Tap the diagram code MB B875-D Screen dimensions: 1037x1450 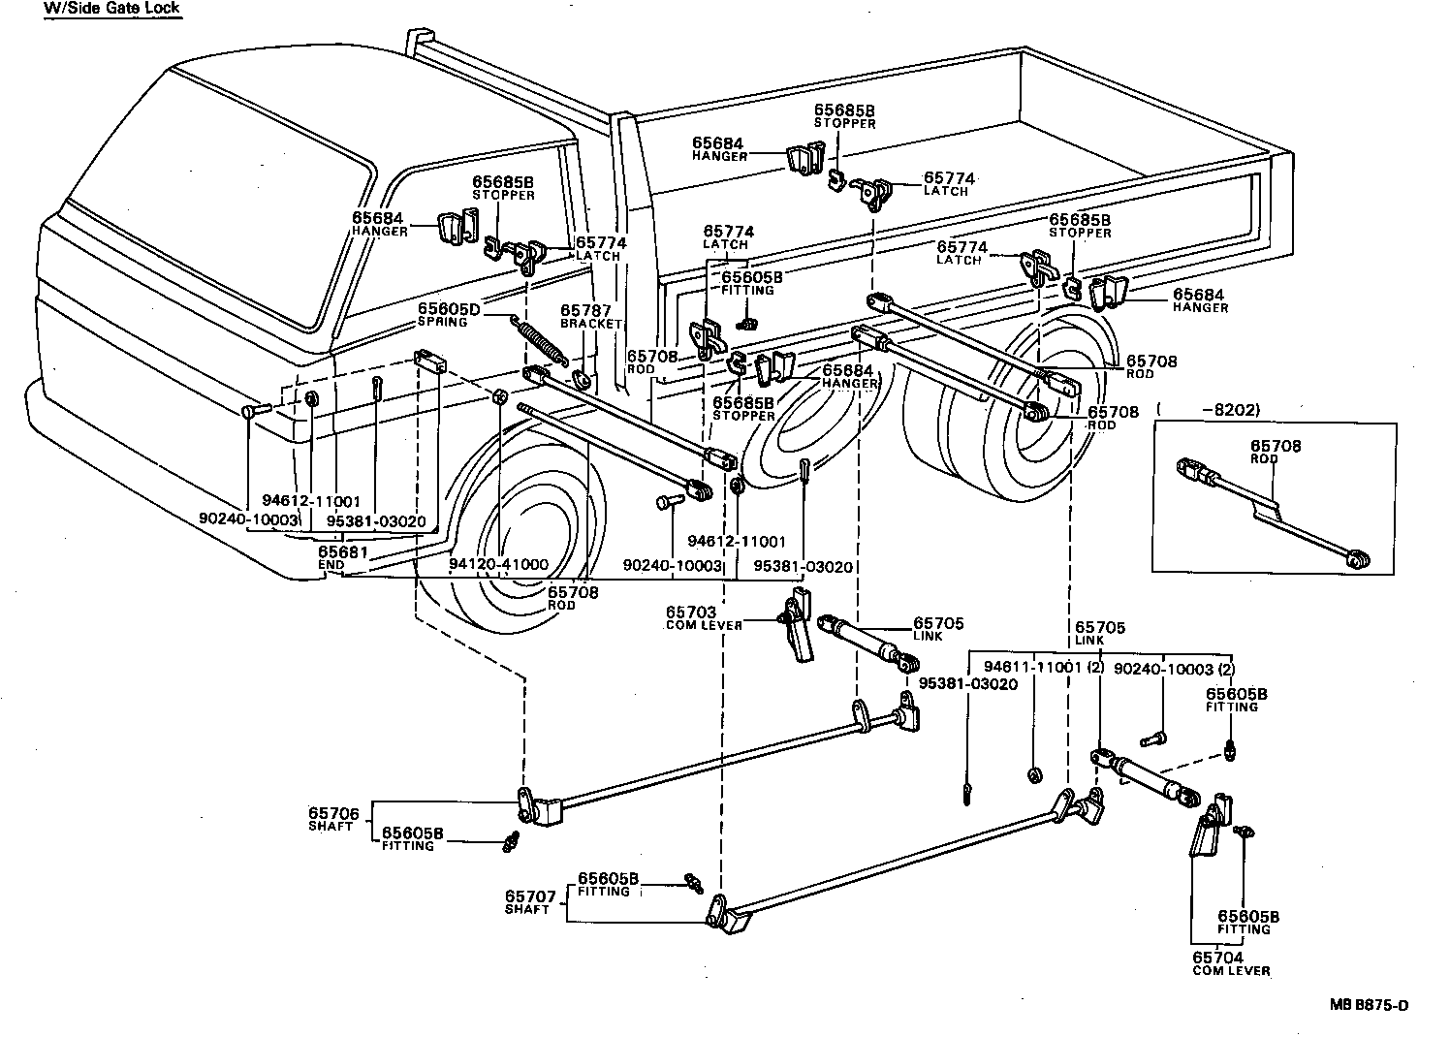1369,1005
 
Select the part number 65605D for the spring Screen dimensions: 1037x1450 450,309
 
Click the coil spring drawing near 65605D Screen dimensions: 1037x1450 543,341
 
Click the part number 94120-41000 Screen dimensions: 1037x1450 498,564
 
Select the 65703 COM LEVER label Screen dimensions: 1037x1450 705,617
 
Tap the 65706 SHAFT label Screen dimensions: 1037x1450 333,819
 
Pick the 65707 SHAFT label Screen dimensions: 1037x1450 528,902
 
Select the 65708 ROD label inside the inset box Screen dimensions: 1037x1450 1276,452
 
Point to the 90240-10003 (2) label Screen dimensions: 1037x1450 1174,668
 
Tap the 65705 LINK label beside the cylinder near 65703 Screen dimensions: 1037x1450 937,629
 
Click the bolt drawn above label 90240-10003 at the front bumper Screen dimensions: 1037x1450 251,411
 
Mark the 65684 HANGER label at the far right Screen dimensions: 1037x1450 1199,299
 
